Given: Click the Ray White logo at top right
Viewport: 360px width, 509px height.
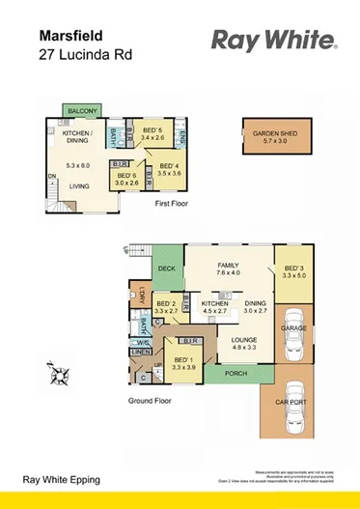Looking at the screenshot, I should click(x=273, y=40).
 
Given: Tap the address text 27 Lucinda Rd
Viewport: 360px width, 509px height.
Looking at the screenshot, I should click(x=83, y=54).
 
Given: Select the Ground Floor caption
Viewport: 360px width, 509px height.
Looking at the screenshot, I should click(x=152, y=399).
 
